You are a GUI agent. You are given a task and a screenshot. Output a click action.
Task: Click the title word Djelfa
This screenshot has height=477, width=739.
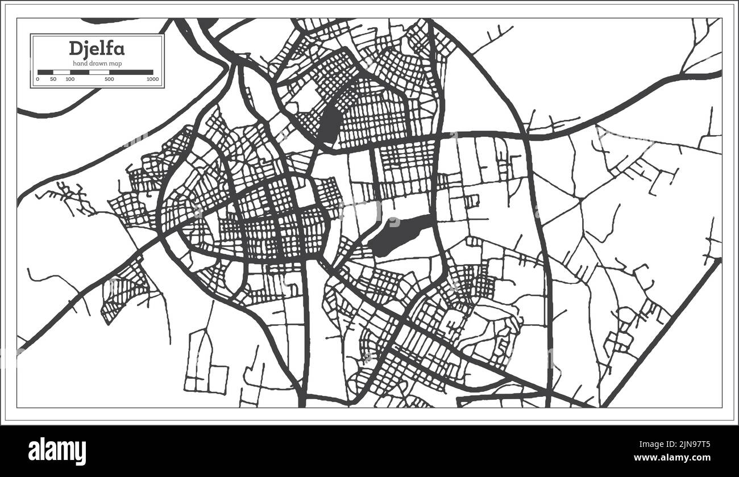97,49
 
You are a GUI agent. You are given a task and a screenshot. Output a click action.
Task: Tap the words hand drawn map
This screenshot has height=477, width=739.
97,62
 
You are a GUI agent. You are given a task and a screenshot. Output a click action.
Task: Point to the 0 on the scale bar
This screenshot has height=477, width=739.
38,79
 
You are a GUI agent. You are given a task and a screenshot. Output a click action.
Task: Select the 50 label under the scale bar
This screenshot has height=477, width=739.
53,79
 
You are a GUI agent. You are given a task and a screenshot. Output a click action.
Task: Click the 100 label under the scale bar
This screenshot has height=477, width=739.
70,79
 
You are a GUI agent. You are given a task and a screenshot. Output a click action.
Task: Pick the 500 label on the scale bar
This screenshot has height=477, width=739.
109,79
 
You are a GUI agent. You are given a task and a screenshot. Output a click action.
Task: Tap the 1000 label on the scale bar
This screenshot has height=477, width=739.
152,79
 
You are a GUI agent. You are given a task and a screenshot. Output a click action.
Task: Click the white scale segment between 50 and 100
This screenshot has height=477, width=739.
61,72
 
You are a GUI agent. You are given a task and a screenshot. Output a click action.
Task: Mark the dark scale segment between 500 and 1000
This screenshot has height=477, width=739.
131,72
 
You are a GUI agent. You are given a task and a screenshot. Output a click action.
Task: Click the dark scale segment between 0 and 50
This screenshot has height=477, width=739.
45,72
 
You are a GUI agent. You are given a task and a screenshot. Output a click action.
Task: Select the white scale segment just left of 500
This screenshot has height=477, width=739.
99,72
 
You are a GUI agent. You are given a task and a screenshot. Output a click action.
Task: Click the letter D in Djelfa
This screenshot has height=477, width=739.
75,49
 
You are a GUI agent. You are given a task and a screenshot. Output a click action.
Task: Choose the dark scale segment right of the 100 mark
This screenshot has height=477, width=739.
80,72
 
